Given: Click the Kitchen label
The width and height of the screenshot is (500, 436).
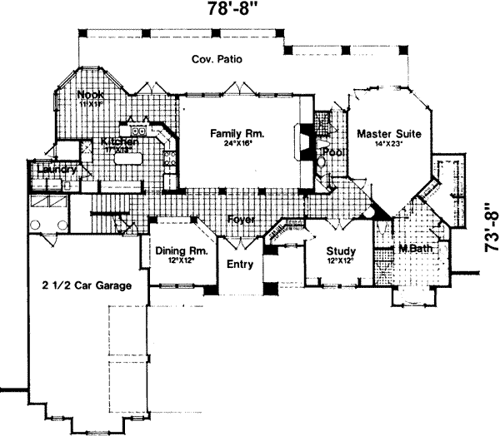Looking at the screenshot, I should [x=117, y=142].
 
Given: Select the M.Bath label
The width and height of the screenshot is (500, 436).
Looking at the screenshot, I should [x=413, y=249].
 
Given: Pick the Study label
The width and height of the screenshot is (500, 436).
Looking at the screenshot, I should [x=341, y=252].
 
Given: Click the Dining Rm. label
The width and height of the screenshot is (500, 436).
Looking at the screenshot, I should [x=180, y=250].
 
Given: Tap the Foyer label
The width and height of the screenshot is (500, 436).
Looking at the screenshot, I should [x=240, y=220].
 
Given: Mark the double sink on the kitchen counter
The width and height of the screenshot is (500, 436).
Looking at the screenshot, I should [x=136, y=131].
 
